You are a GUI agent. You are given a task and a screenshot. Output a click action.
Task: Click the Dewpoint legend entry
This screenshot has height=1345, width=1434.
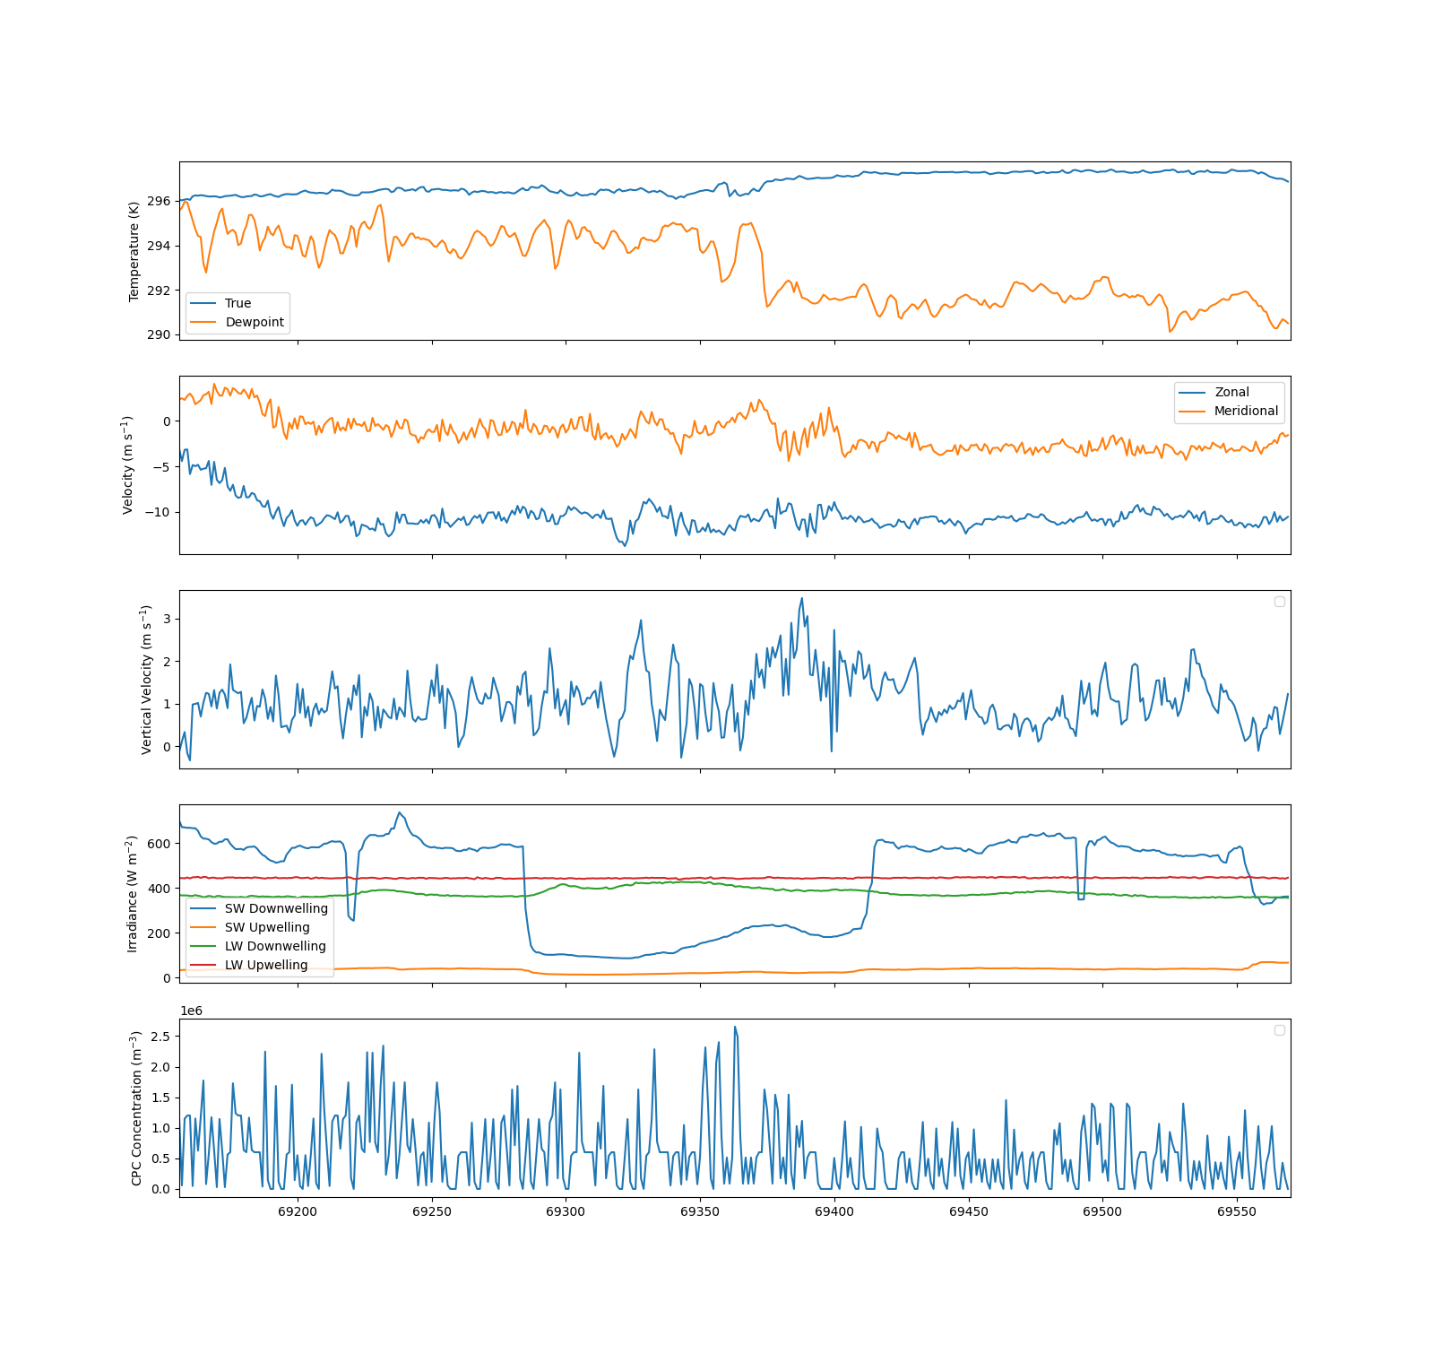click(x=238, y=322)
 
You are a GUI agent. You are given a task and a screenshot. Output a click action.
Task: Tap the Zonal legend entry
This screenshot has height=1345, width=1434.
click(x=1214, y=392)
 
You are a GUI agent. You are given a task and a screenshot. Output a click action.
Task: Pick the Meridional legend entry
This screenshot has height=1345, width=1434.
click(x=1229, y=411)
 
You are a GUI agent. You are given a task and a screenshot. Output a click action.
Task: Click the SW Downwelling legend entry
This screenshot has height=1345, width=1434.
click(x=260, y=908)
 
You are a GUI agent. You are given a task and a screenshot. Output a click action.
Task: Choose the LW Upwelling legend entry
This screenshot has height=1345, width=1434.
click(x=250, y=965)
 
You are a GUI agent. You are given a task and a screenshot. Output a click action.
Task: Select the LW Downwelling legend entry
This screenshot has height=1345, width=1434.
click(x=259, y=946)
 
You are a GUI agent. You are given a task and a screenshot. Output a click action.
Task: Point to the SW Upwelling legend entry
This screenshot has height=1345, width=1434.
click(x=251, y=927)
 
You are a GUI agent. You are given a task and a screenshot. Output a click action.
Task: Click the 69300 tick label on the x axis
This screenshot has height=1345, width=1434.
click(x=566, y=1211)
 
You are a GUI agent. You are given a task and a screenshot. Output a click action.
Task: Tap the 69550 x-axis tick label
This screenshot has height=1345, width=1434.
click(x=1237, y=1211)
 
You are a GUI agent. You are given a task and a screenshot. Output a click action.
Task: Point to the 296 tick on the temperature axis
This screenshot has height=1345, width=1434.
click(x=159, y=201)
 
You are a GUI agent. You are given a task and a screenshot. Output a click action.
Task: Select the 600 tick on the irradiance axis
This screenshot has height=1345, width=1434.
click(x=159, y=844)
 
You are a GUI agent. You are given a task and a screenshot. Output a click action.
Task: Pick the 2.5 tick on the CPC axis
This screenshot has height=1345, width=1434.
click(x=161, y=1036)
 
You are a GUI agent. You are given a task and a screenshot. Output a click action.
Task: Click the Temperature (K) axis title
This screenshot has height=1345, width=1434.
click(x=134, y=251)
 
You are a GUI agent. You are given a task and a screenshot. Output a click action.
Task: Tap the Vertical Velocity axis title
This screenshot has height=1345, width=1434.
click(x=146, y=680)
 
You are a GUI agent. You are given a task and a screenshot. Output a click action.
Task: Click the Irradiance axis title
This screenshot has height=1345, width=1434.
click(x=132, y=894)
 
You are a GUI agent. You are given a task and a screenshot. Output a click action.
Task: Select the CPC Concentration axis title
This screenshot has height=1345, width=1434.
click(x=136, y=1108)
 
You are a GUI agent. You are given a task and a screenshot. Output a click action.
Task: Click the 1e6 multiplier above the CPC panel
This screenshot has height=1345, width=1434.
click(x=192, y=1011)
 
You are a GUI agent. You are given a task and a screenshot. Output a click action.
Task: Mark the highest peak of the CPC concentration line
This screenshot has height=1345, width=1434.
click(x=735, y=1027)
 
